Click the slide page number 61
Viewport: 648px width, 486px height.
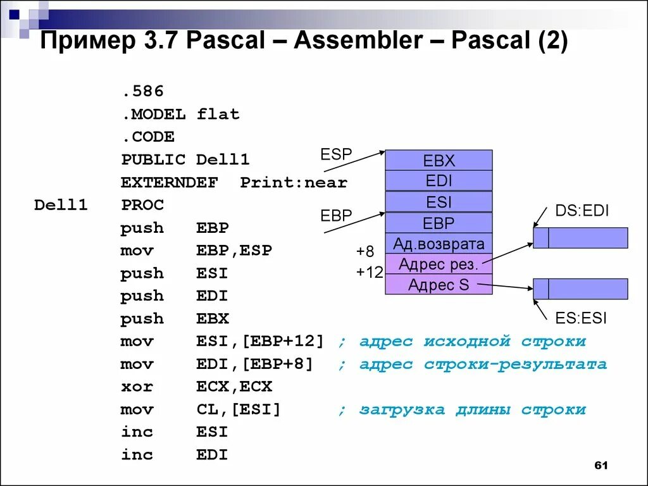[x=601, y=466]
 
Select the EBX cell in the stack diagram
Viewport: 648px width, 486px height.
[x=439, y=161]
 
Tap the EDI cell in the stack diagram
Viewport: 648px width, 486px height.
[x=439, y=181]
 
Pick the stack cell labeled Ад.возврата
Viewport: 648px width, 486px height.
[x=439, y=244]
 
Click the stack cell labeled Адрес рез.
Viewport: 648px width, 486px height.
[x=439, y=265]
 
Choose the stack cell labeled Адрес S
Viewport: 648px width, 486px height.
[x=439, y=285]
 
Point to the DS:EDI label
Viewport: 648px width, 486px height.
[x=582, y=211]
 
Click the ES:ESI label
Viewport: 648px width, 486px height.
[x=580, y=318]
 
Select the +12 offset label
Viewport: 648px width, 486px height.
[x=370, y=273]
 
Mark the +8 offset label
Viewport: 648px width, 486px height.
[x=364, y=251]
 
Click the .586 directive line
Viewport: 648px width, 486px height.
[x=142, y=92]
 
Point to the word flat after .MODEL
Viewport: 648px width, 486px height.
[x=218, y=115]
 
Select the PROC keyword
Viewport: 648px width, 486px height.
[x=142, y=205]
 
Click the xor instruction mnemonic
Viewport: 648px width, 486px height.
[x=136, y=387]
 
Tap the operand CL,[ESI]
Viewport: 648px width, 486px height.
[x=238, y=409]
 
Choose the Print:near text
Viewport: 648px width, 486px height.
[x=294, y=183]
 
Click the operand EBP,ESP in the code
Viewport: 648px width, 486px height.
[x=234, y=251]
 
